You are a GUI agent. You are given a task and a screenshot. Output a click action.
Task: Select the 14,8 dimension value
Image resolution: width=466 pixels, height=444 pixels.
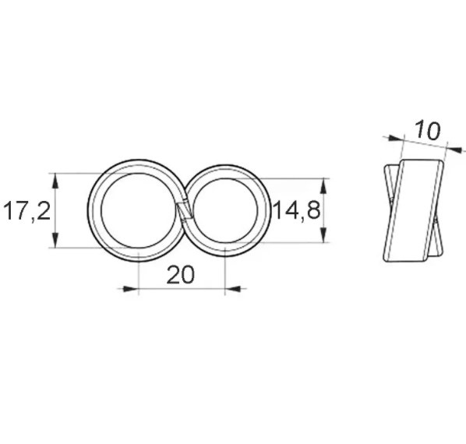(x=296, y=210)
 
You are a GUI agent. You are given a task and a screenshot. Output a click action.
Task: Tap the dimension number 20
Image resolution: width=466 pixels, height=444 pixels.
(x=180, y=274)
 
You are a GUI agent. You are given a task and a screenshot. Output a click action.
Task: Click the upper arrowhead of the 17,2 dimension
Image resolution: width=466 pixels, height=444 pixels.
(x=55, y=178)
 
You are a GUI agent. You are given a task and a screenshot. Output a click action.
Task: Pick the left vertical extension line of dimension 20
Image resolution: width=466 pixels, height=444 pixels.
(x=138, y=269)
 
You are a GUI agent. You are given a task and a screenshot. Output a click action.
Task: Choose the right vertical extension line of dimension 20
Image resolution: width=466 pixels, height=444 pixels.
(x=224, y=269)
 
